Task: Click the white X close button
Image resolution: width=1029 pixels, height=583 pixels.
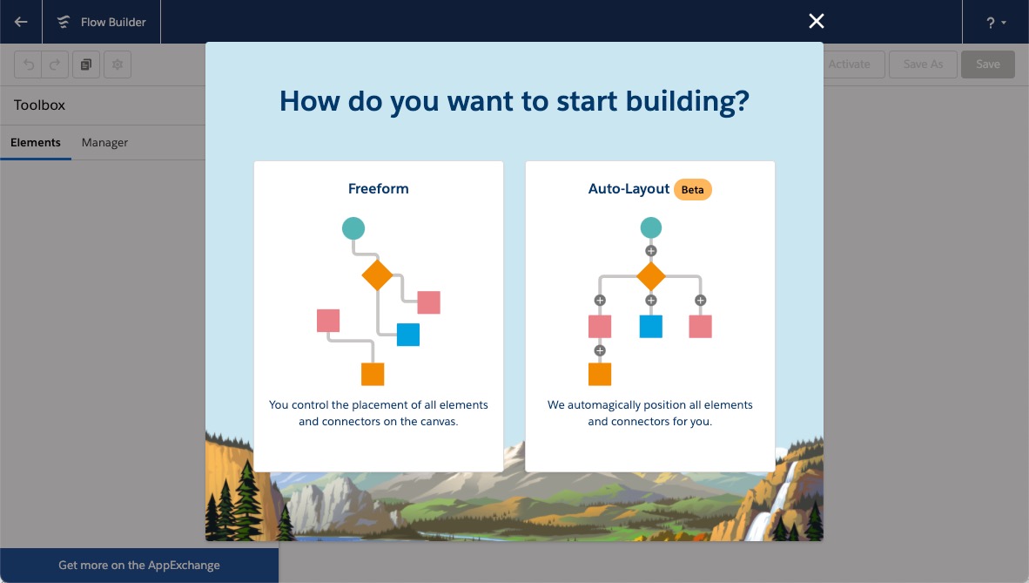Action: pos(817,21)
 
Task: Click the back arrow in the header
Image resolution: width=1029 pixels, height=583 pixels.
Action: pos(21,22)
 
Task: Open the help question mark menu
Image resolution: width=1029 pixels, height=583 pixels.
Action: pos(996,23)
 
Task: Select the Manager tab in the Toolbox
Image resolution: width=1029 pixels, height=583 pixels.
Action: pos(104,143)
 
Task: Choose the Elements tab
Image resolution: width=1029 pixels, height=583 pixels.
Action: pos(36,143)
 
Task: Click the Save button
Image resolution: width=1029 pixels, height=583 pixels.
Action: pos(988,64)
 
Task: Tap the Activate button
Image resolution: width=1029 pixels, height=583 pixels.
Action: pos(849,64)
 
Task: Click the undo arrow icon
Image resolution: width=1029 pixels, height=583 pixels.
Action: pos(28,64)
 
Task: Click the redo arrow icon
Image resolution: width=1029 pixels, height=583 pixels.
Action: pos(55,64)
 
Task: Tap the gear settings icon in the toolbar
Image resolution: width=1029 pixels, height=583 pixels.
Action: pos(118,64)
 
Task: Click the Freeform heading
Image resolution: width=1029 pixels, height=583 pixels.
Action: pos(378,188)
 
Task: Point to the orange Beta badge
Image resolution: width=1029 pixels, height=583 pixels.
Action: pos(692,189)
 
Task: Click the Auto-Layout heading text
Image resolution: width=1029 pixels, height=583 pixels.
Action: pos(629,189)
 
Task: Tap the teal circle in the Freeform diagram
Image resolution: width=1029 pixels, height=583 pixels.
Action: pos(353,228)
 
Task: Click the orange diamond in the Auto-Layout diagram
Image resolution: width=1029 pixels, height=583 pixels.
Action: pos(651,276)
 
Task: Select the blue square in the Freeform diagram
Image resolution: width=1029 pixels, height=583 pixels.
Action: pos(408,335)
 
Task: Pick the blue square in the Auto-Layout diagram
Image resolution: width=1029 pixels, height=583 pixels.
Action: pos(651,326)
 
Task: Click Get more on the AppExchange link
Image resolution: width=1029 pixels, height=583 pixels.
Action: pos(139,566)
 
